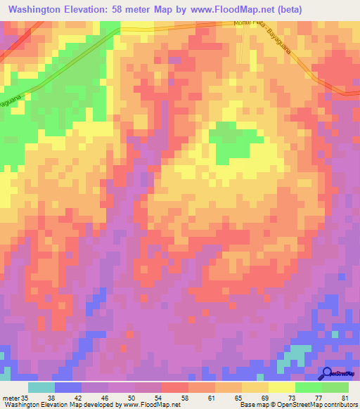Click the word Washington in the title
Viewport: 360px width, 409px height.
[41, 10]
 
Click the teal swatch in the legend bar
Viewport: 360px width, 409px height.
[41, 387]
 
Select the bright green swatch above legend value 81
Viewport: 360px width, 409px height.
[335, 387]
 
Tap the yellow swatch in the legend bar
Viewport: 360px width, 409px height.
[282, 387]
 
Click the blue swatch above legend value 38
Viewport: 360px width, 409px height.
[67, 387]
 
